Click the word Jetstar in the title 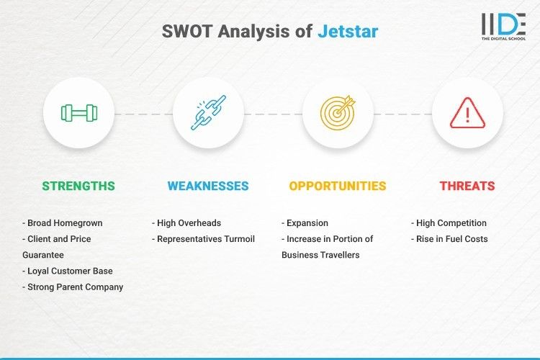[x=348, y=32]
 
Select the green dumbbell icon [x=78, y=113]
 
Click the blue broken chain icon [x=208, y=113]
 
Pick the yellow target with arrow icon [x=338, y=113]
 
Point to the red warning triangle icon [x=467, y=113]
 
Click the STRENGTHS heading [x=78, y=186]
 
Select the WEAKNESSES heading [x=208, y=186]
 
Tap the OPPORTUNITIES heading [x=338, y=186]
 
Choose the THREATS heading [x=467, y=186]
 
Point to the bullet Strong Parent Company [x=73, y=287]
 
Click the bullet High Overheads [x=186, y=223]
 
